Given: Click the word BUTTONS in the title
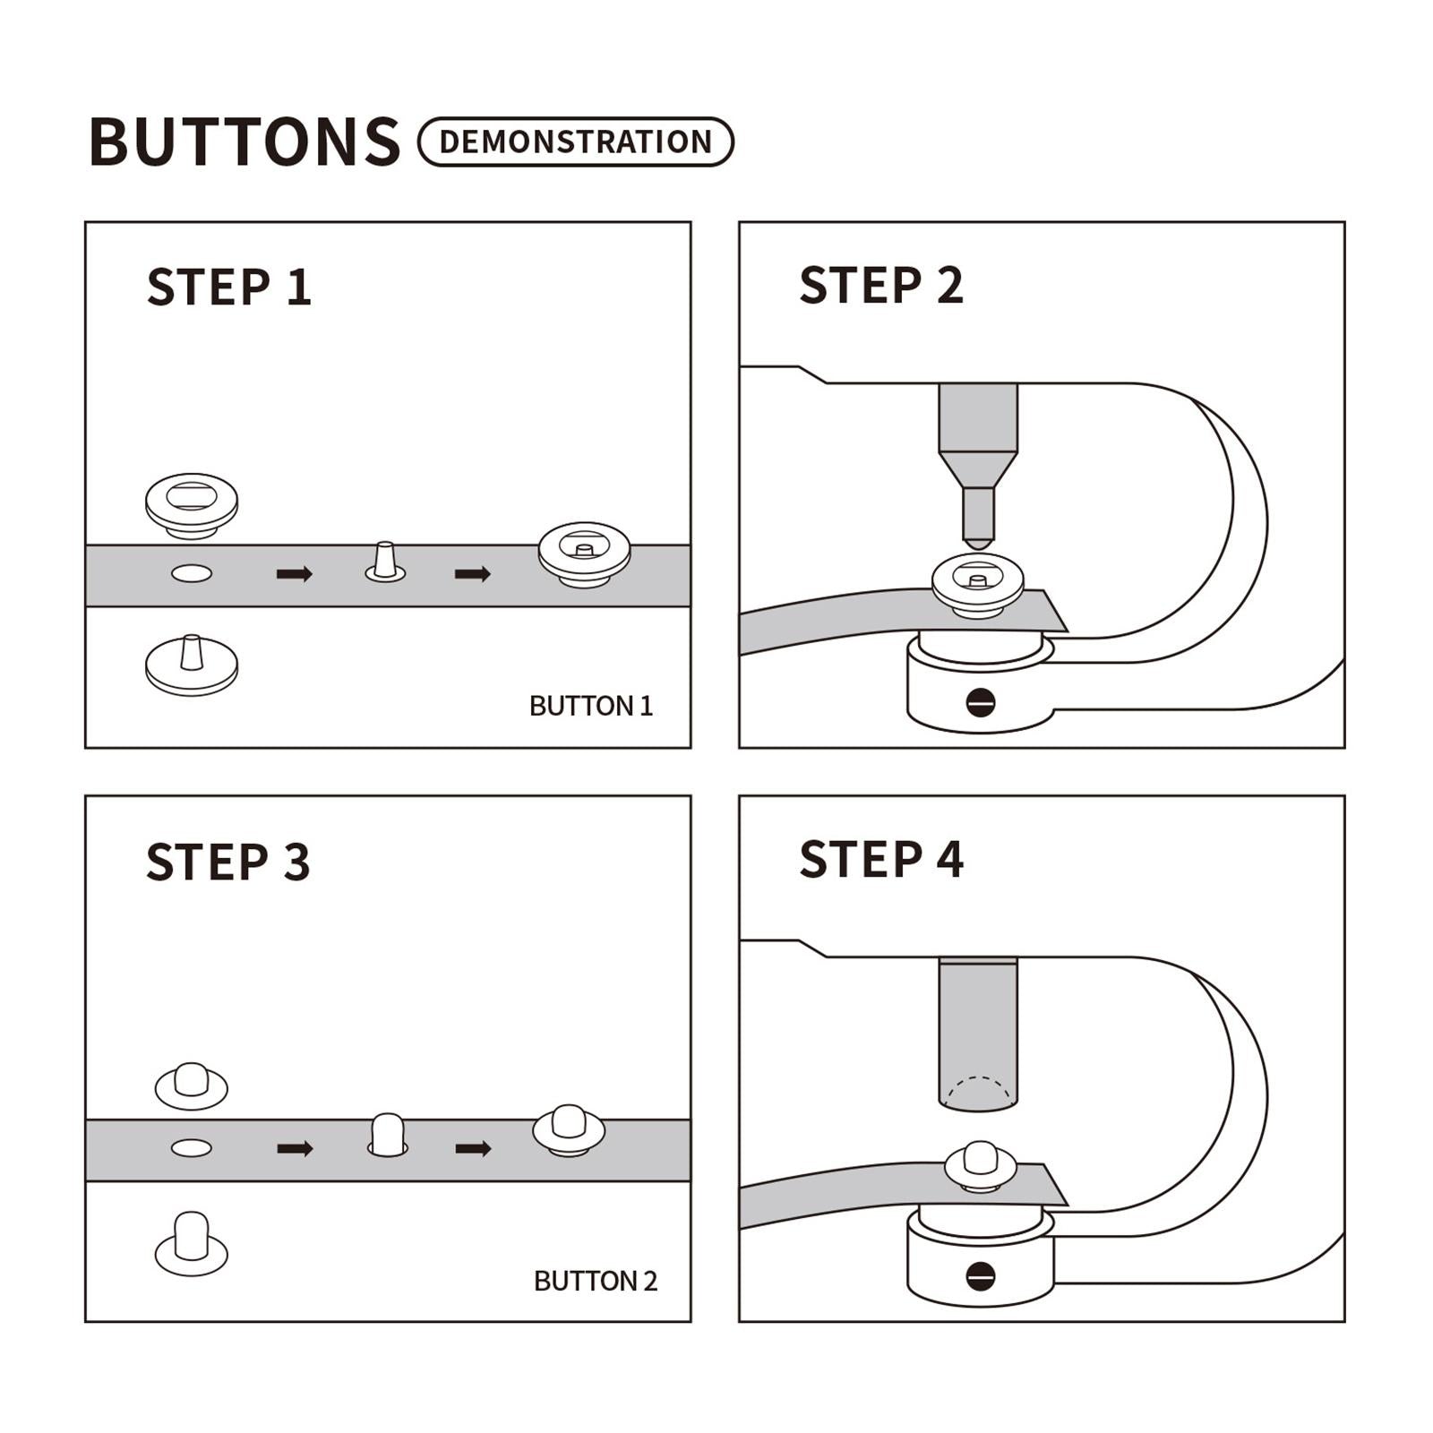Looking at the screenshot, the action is click(245, 142).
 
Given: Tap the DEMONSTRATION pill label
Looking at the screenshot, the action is click(576, 142).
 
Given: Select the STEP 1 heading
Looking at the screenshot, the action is click(229, 287).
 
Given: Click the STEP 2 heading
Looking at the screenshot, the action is click(881, 285).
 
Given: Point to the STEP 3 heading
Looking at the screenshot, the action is click(228, 862).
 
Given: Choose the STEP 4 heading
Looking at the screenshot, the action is click(881, 859).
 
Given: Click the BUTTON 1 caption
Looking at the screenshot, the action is click(591, 706).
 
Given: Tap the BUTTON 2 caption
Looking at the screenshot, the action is click(596, 1281).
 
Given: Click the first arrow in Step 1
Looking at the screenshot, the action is click(295, 574).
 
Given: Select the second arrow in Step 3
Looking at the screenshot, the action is click(473, 1148).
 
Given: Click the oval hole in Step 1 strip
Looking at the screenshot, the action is click(192, 573).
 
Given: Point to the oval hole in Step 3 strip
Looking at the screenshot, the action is click(192, 1148).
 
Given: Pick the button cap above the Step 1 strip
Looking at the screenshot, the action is click(192, 506).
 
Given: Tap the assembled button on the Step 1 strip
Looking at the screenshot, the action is click(584, 554).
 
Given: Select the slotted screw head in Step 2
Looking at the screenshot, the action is click(981, 702).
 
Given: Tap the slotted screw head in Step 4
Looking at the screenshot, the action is click(981, 1276).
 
